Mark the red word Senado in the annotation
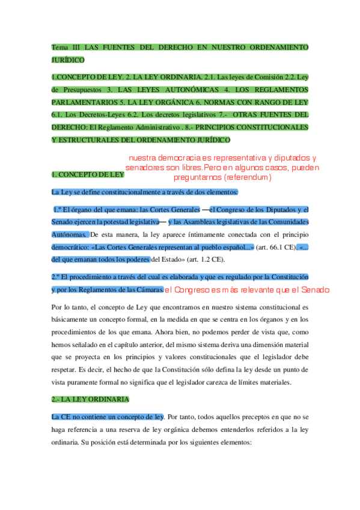click(315, 290)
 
